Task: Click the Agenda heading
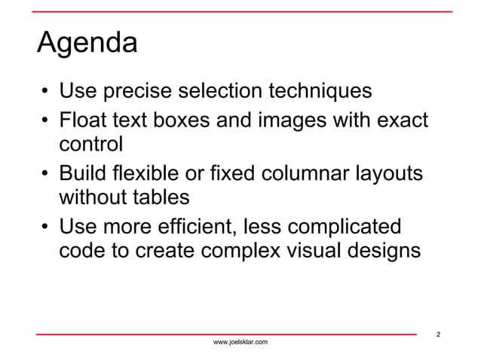pyautogui.click(x=87, y=44)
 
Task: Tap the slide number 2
pyautogui.click(x=439, y=334)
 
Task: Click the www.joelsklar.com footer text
pyautogui.click(x=240, y=343)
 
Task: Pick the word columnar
pyautogui.click(x=309, y=172)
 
